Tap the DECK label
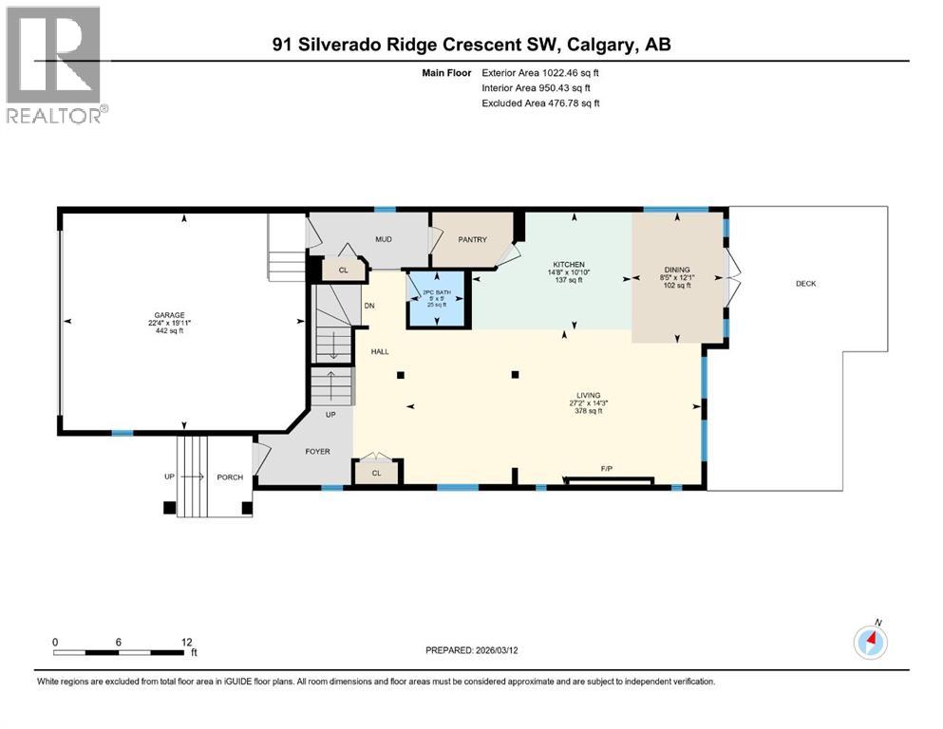click(x=805, y=283)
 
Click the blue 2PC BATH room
click(x=437, y=299)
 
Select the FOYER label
click(x=317, y=451)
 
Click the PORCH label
click(x=230, y=477)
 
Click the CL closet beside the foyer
click(x=376, y=473)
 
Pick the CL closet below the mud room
click(x=343, y=271)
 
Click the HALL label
click(x=380, y=351)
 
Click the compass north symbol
click(x=871, y=642)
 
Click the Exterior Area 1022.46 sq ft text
click(x=540, y=72)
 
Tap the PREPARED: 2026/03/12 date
click(x=473, y=650)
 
